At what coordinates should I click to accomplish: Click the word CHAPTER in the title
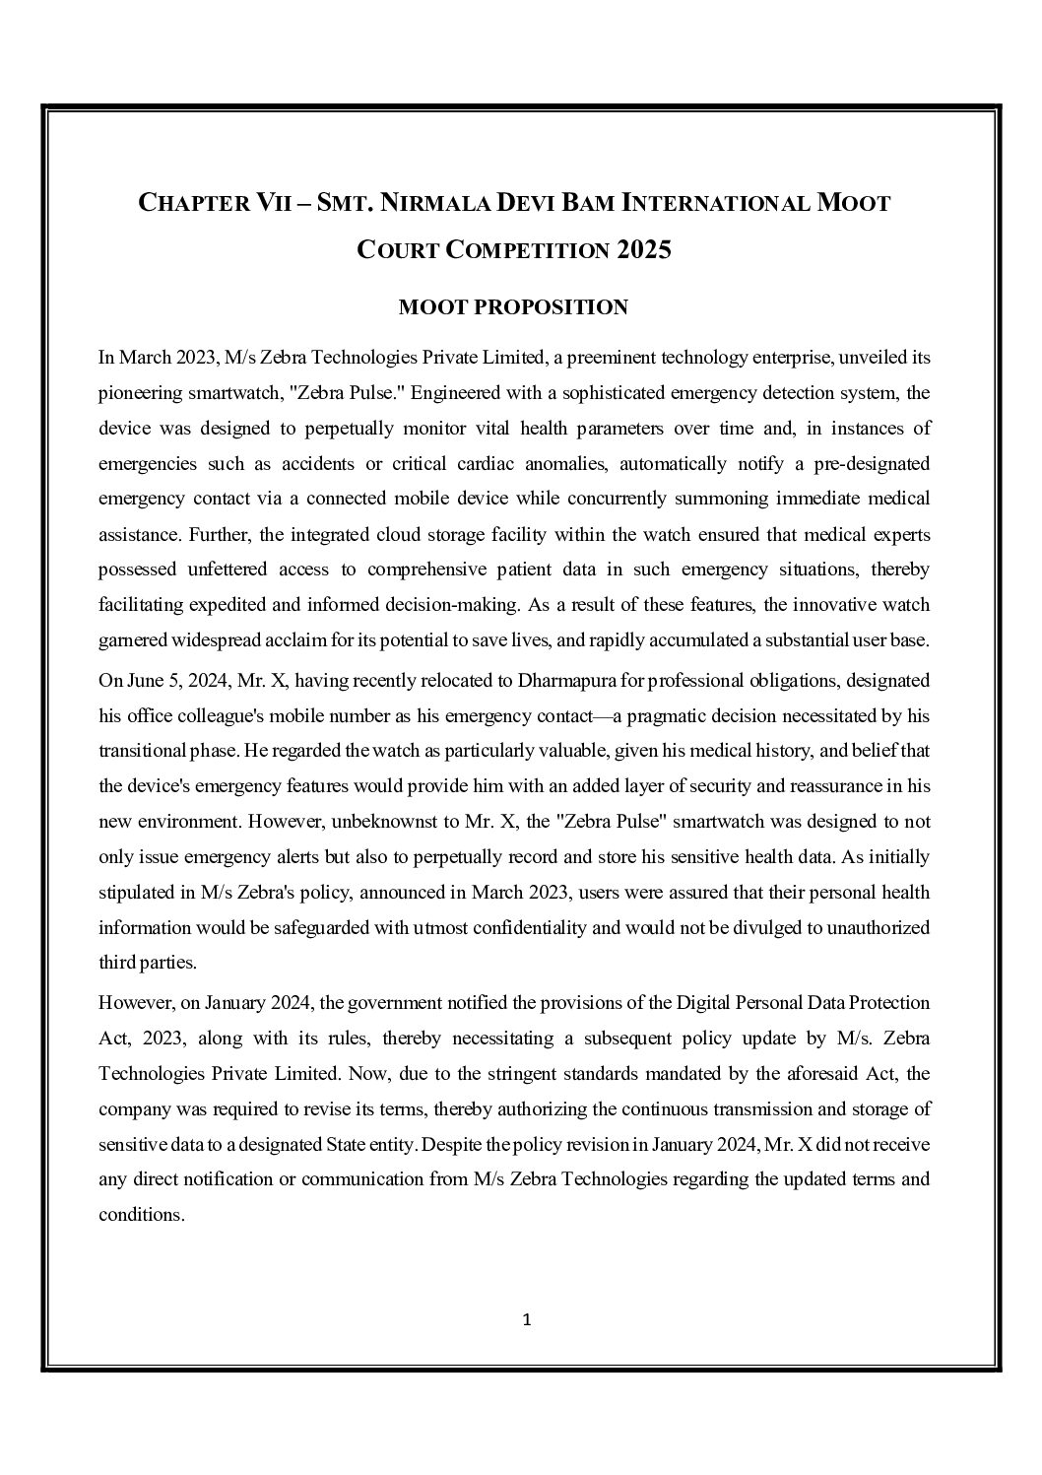pos(188,204)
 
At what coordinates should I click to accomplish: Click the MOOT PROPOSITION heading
pos(513,307)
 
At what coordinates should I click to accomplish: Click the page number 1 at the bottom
pos(526,1319)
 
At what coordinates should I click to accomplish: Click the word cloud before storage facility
pos(400,535)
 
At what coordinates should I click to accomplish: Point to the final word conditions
pos(140,1215)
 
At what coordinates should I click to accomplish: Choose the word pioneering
pos(142,393)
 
